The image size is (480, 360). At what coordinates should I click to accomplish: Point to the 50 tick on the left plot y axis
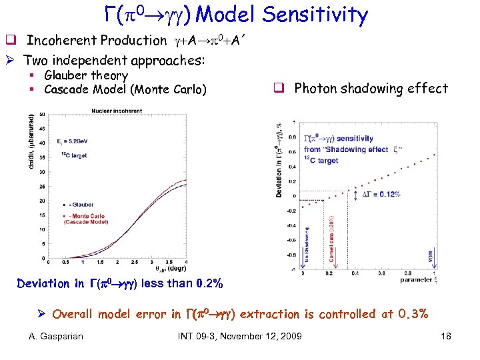click(42, 114)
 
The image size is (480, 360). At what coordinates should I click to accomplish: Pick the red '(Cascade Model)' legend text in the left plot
click(86, 223)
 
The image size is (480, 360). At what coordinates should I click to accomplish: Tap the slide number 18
click(446, 336)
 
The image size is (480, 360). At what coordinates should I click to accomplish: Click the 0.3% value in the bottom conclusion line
click(413, 313)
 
